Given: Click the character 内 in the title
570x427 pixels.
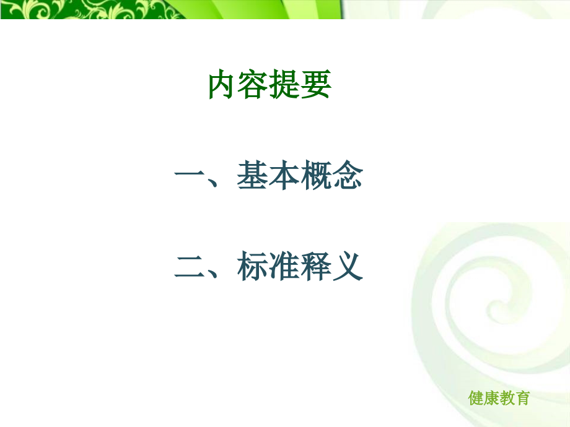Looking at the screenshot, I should coord(223,85).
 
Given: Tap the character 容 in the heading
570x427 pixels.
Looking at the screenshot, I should coord(254,85).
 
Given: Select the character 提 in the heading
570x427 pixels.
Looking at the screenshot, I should coord(285,85).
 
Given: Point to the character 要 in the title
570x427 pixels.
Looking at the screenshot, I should coord(316,85).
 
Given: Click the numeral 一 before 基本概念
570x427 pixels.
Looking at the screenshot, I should coord(190,178).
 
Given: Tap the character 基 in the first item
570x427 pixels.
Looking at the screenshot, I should coord(252,178).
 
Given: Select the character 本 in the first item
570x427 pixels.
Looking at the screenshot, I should coord(284,178).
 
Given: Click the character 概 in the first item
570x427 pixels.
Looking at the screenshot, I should coord(315,178).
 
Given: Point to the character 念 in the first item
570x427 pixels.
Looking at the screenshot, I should coord(347,178).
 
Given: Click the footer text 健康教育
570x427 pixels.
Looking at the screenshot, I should coord(499,398).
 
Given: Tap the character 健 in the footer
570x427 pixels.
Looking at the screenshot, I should coord(476,398).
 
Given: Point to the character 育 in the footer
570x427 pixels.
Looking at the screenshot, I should coord(522,398).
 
